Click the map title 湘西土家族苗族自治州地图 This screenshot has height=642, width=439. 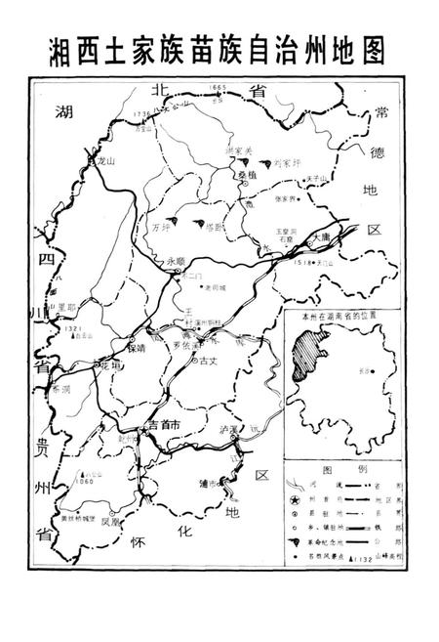coord(219,49)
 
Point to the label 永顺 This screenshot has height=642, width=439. coord(175,261)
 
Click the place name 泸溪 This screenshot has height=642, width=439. coord(229,429)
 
